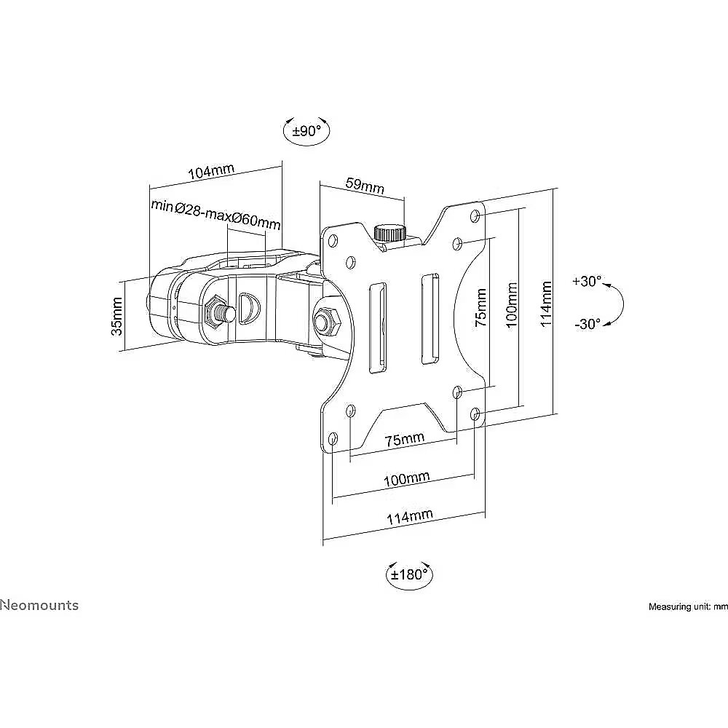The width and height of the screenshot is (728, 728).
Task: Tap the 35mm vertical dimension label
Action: click(x=116, y=317)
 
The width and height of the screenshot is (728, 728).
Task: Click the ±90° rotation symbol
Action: click(x=306, y=131)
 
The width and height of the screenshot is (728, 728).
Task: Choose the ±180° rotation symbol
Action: click(x=409, y=575)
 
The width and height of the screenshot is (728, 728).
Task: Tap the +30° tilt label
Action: click(x=587, y=281)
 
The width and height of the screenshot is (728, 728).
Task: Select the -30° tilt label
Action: click(x=587, y=324)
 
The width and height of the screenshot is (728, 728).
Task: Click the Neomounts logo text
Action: click(x=39, y=606)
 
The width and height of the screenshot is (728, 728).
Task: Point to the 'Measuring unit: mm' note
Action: click(x=688, y=606)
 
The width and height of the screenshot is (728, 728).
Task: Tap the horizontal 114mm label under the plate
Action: click(x=409, y=517)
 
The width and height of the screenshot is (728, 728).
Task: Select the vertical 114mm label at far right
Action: click(x=546, y=304)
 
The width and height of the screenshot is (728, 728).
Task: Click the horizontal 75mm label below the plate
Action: click(x=404, y=439)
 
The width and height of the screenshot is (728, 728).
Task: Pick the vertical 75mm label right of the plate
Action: click(x=481, y=307)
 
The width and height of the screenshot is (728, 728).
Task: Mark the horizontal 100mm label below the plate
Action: click(x=407, y=479)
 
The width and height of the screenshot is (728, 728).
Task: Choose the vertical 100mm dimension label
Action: click(x=511, y=305)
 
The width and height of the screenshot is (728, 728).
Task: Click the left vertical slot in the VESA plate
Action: click(x=377, y=328)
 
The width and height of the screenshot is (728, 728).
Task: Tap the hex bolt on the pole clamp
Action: click(x=216, y=312)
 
